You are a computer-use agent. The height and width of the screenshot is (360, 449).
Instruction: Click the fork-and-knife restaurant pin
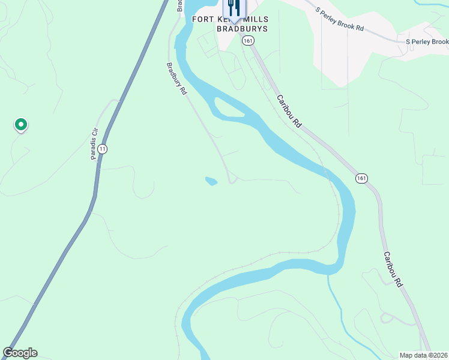234,7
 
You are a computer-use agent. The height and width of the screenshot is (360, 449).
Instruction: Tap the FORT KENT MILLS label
231,19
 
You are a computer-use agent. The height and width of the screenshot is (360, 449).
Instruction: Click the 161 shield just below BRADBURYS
248,40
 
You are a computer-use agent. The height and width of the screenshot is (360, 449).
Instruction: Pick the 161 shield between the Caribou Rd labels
361,178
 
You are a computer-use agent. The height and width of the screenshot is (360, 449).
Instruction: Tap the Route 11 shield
103,148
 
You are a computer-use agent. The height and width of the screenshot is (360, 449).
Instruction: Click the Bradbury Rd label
176,80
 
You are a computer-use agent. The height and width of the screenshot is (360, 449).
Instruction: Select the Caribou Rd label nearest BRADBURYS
289,110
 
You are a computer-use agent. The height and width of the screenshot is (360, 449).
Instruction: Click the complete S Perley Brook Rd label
340,19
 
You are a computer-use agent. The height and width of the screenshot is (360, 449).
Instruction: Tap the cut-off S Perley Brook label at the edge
427,42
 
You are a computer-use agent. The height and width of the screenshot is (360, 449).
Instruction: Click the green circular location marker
21,125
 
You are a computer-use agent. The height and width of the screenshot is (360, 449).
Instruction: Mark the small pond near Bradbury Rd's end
211,181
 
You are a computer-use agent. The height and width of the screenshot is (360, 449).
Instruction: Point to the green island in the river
228,108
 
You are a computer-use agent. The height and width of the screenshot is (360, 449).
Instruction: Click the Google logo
20,353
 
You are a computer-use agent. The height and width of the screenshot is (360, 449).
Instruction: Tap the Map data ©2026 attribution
423,355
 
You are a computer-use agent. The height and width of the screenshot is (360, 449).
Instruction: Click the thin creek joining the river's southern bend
336,300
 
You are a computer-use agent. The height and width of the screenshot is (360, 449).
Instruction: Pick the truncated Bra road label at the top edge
179,5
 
